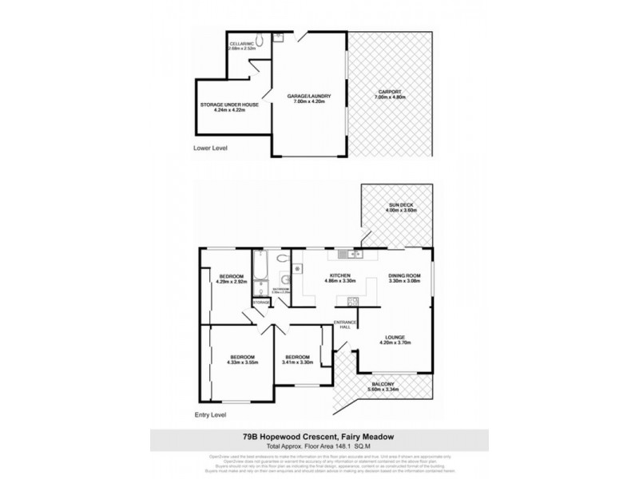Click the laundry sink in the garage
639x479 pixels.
279,38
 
